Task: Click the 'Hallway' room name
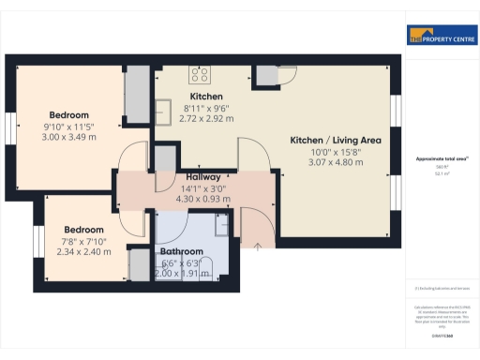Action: [x=203, y=176]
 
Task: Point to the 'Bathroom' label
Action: [x=181, y=252]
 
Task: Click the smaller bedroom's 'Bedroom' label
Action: [x=83, y=229]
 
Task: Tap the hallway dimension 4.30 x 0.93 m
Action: [x=203, y=198]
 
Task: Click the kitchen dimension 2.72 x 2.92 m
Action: [x=205, y=119]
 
